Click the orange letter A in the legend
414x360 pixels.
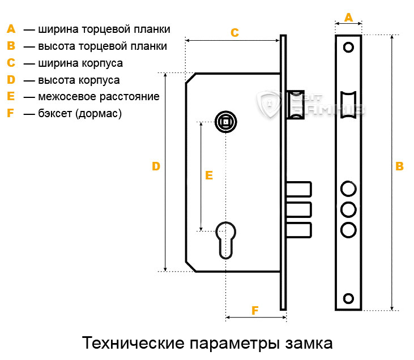(10, 29)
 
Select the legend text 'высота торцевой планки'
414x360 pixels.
(103, 46)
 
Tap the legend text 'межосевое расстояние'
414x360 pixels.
(99, 97)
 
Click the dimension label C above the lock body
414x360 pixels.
(234, 33)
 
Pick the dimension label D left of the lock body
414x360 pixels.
(156, 166)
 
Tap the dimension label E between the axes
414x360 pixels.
(209, 175)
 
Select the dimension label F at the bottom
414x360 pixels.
(255, 311)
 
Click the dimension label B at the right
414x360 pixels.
(399, 166)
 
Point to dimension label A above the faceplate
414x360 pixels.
(349, 18)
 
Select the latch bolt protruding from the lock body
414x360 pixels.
(296, 105)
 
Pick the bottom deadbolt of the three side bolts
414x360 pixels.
(299, 231)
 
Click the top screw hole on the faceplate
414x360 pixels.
(348, 46)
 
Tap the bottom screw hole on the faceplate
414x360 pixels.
(348, 298)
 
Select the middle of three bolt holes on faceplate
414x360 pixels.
(348, 209)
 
